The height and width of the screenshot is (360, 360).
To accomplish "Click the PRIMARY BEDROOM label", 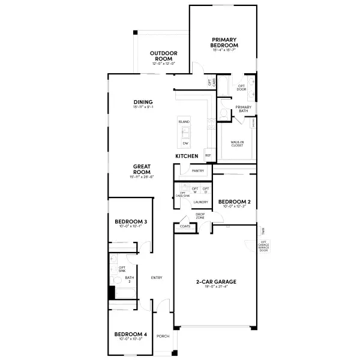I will (224, 43).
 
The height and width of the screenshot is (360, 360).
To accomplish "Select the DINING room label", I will (143, 102).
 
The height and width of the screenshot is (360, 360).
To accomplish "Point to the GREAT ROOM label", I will (142, 169).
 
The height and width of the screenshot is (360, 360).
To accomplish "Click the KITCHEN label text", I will (187, 156).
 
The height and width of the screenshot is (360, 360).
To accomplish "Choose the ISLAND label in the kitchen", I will (184, 122).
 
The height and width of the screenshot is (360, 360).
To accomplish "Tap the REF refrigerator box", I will (208, 155).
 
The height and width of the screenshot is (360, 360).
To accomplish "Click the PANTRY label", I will (198, 171).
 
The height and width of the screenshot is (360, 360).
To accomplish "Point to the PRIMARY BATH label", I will (243, 109).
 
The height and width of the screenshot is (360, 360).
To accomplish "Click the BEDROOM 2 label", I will (233, 202).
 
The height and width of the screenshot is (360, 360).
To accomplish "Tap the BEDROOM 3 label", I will (131, 222).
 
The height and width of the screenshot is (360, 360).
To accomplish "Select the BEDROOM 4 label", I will (131, 334).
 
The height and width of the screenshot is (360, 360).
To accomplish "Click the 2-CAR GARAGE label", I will (216, 281).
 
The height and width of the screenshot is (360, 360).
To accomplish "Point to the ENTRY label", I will (157, 277).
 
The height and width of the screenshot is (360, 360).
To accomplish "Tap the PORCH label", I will (163, 336).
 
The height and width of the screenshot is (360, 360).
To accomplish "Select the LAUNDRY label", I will (200, 202).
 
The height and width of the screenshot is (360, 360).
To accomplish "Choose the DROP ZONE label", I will (200, 216).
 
